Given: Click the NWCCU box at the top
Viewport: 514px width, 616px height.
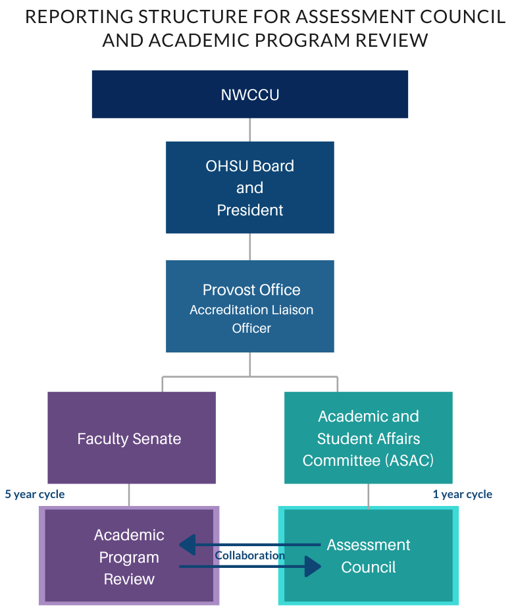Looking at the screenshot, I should [x=250, y=94].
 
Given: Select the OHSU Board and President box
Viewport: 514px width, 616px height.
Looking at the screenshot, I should [x=250, y=187].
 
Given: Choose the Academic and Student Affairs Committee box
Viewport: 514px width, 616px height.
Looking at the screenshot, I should [x=369, y=438].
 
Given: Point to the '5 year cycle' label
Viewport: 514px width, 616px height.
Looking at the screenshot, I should [x=35, y=494].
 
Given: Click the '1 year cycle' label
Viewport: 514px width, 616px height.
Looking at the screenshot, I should [x=462, y=494].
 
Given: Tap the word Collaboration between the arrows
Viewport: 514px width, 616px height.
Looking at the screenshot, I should [x=250, y=555].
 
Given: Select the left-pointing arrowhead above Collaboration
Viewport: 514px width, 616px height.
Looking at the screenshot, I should [x=188, y=545].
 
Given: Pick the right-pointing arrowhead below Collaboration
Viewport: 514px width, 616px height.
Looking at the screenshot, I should [x=313, y=567].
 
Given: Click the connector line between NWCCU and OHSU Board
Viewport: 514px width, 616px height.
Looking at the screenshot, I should [x=250, y=130].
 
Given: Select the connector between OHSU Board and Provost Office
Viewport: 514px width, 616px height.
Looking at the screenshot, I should [x=250, y=246].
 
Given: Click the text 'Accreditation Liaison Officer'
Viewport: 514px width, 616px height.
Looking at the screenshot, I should [x=251, y=319].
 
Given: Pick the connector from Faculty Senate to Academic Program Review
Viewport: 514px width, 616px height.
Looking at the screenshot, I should [x=129, y=495].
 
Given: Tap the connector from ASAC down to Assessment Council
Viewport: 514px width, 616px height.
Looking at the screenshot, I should [x=369, y=495].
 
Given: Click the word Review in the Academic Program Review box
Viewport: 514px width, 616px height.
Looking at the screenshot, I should [x=129, y=579].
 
